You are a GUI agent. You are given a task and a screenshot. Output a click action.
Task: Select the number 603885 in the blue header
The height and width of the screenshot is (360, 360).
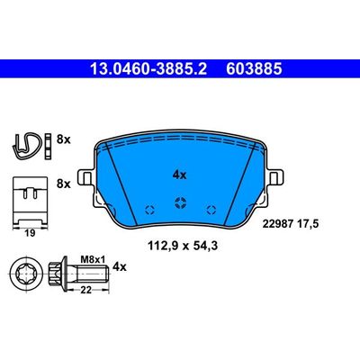point(238,67)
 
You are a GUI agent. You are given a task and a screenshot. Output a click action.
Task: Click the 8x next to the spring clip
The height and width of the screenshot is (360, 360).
point(63,139)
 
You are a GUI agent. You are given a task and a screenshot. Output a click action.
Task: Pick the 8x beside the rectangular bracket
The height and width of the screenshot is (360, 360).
point(63,183)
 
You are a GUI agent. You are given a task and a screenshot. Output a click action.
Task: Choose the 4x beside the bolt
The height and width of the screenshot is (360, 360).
point(121,266)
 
